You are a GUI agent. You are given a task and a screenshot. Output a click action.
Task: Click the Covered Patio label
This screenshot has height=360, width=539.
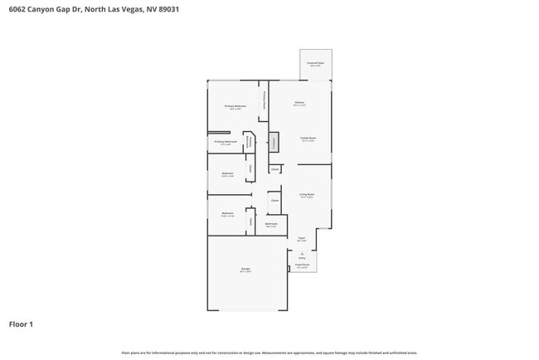coord(315,63)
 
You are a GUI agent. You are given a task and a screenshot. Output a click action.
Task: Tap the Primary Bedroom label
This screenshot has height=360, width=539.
coord(236,107)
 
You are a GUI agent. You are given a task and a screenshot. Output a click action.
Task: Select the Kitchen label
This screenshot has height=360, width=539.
coord(299,104)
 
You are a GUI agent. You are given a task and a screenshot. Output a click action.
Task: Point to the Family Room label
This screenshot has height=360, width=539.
coord(308,139)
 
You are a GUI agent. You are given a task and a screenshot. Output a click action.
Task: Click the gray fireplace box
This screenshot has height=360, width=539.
coord(274,142)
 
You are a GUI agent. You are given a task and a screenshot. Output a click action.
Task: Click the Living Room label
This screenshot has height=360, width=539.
coord(307,195)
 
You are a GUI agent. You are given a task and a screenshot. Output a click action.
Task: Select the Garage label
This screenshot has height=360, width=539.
coord(245,270)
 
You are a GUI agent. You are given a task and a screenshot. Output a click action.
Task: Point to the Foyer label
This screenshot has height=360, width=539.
coord(302,239)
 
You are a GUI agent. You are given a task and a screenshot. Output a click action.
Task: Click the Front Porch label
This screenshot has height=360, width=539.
coord(302,266)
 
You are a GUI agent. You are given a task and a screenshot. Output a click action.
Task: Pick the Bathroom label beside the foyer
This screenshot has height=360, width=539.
coord(271,224)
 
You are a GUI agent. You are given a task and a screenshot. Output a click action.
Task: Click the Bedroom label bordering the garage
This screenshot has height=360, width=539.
coord(227,214)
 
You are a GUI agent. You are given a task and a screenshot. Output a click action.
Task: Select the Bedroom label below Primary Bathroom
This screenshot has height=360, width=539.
coord(227,174)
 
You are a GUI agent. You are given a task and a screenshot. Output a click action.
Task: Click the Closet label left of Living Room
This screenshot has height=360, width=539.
coord(274,200)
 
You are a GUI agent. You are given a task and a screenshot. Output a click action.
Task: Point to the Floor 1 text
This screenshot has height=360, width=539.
coord(22,324)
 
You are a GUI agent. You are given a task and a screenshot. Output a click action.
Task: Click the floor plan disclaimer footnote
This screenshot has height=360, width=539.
coord(269,353)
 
